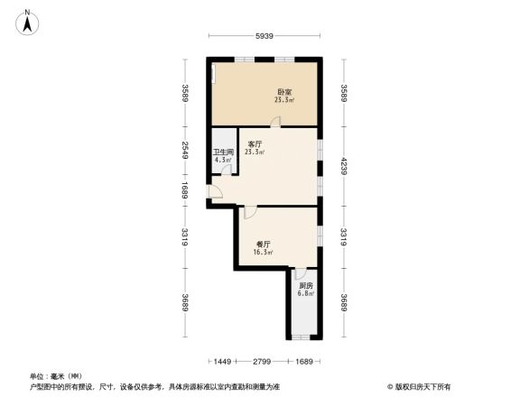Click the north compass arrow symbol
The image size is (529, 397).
[28, 21]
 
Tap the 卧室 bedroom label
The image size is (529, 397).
[283, 92]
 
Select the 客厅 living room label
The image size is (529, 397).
[255, 144]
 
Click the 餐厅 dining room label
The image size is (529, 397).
[264, 244]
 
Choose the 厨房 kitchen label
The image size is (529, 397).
[307, 287]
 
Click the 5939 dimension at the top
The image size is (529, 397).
[264, 36]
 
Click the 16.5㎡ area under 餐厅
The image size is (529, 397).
[264, 252]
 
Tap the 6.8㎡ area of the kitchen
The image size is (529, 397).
[307, 294]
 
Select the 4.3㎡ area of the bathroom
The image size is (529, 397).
[223, 161]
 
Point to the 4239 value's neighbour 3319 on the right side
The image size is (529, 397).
[343, 238]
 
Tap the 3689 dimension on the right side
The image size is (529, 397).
[343, 303]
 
